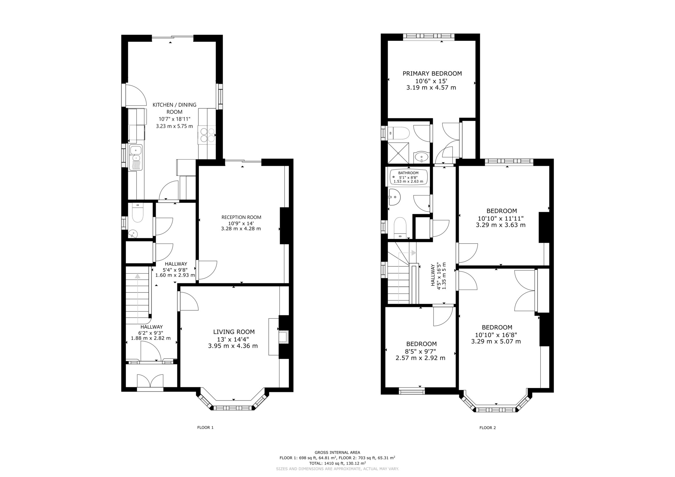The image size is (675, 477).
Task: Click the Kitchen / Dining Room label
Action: (174, 108)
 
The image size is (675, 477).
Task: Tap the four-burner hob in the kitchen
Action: (207, 135)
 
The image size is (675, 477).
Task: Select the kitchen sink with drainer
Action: (136, 157)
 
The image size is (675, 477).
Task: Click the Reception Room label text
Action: (241, 217)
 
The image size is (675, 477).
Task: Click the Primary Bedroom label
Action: (432, 73)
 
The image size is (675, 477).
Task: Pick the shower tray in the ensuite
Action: (398, 153)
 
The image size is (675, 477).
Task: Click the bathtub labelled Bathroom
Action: (409, 177)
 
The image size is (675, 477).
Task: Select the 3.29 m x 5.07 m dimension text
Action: (496, 342)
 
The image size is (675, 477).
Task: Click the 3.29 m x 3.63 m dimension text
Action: (501, 225)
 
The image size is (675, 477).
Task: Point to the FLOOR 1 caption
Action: (205, 427)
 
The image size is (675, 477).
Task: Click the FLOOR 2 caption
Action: (488, 428)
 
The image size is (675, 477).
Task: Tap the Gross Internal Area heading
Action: (337, 452)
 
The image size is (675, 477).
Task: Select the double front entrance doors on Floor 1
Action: (150, 381)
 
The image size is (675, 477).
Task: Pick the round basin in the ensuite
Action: (422, 158)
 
